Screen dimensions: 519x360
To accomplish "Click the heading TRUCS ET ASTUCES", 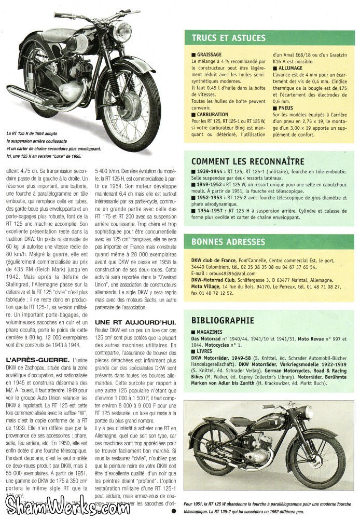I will [228, 38].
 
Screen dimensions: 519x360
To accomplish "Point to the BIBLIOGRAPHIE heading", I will [223, 320].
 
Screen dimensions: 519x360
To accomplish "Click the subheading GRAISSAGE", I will [210, 54].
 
